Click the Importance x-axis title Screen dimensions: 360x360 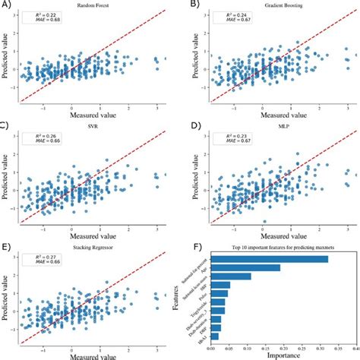(276, 353)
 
